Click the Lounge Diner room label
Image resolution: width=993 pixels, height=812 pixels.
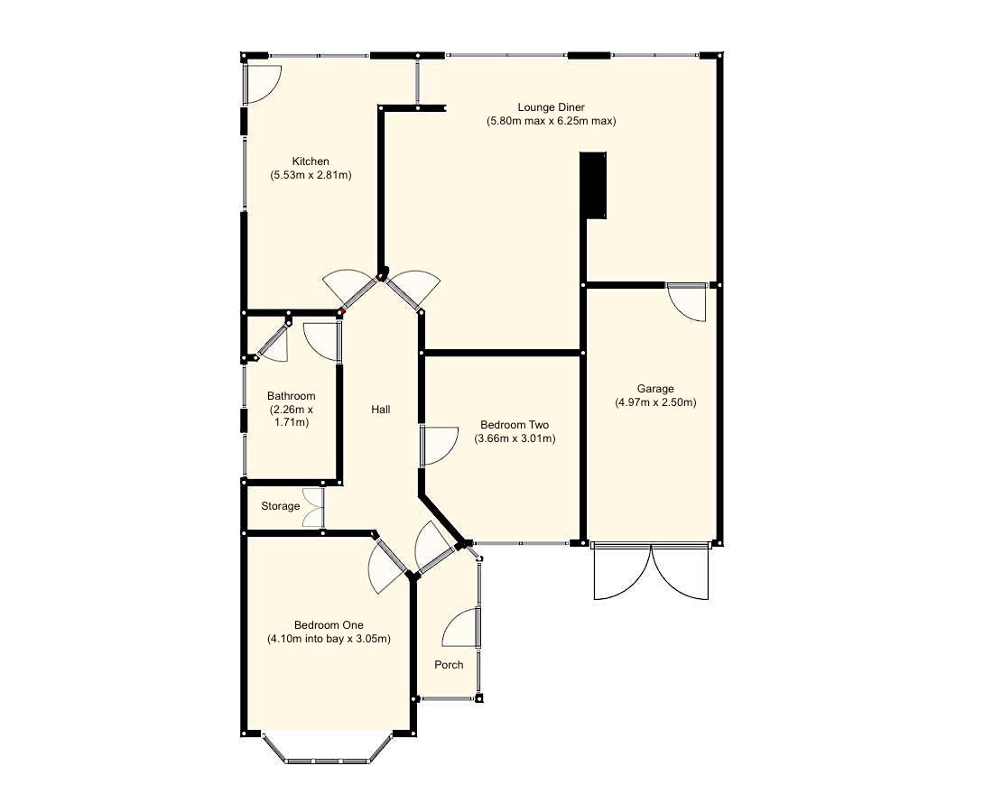click(551, 107)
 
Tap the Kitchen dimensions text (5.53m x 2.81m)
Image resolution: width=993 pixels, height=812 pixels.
click(311, 175)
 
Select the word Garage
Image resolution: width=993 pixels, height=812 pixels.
click(655, 389)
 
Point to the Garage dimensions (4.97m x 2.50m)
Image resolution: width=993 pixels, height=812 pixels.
click(655, 402)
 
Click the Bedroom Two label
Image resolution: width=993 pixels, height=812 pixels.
click(514, 425)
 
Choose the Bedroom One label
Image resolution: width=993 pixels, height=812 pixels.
click(328, 625)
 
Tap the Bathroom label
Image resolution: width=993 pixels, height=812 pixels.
click(291, 396)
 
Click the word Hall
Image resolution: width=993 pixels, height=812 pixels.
click(381, 410)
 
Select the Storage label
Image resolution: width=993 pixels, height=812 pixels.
click(280, 506)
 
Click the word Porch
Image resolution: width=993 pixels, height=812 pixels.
click(449, 665)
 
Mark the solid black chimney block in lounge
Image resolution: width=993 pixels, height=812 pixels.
click(593, 185)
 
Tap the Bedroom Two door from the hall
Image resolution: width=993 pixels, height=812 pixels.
click(438, 446)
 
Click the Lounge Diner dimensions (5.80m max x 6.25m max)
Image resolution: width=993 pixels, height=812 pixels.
click(551, 121)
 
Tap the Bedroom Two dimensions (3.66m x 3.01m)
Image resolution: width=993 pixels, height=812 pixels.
click(514, 438)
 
